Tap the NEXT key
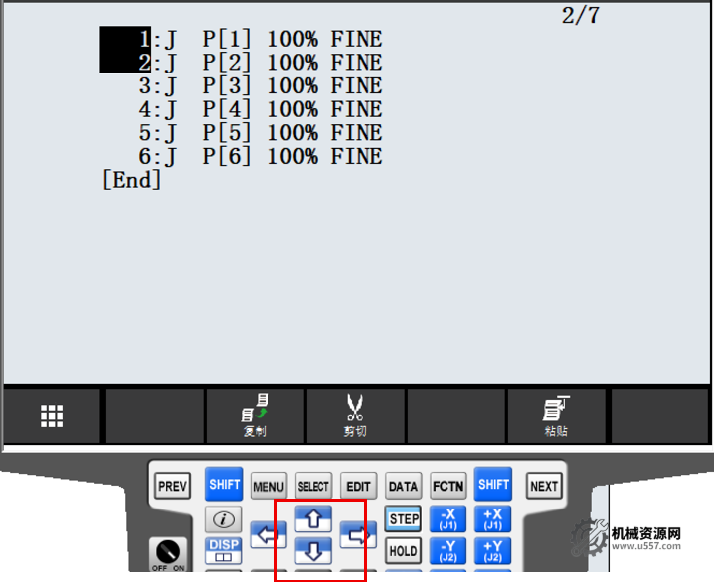coord(544,486)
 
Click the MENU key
coord(268,486)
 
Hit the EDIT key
coord(358,486)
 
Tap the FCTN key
coord(448,486)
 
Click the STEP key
coord(404,518)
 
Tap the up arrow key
coord(313,518)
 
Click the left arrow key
coord(268,534)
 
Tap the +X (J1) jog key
coord(492,518)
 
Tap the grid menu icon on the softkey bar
coord(52,416)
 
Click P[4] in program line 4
coord(227,109)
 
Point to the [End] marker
coord(132,180)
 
